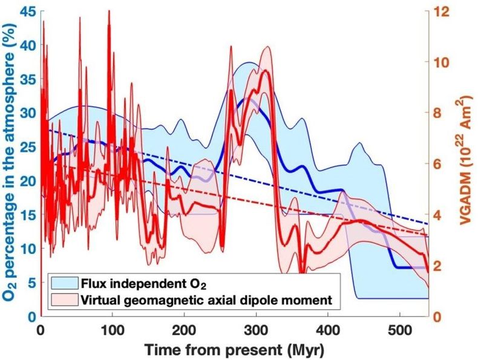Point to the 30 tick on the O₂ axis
point(26,113)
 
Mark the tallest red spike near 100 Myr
point(109,11)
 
